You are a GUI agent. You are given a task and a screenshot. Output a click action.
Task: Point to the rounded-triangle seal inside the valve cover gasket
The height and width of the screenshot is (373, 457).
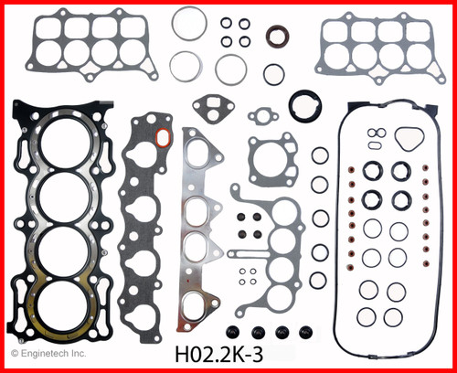pyautogui.click(x=408, y=139)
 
